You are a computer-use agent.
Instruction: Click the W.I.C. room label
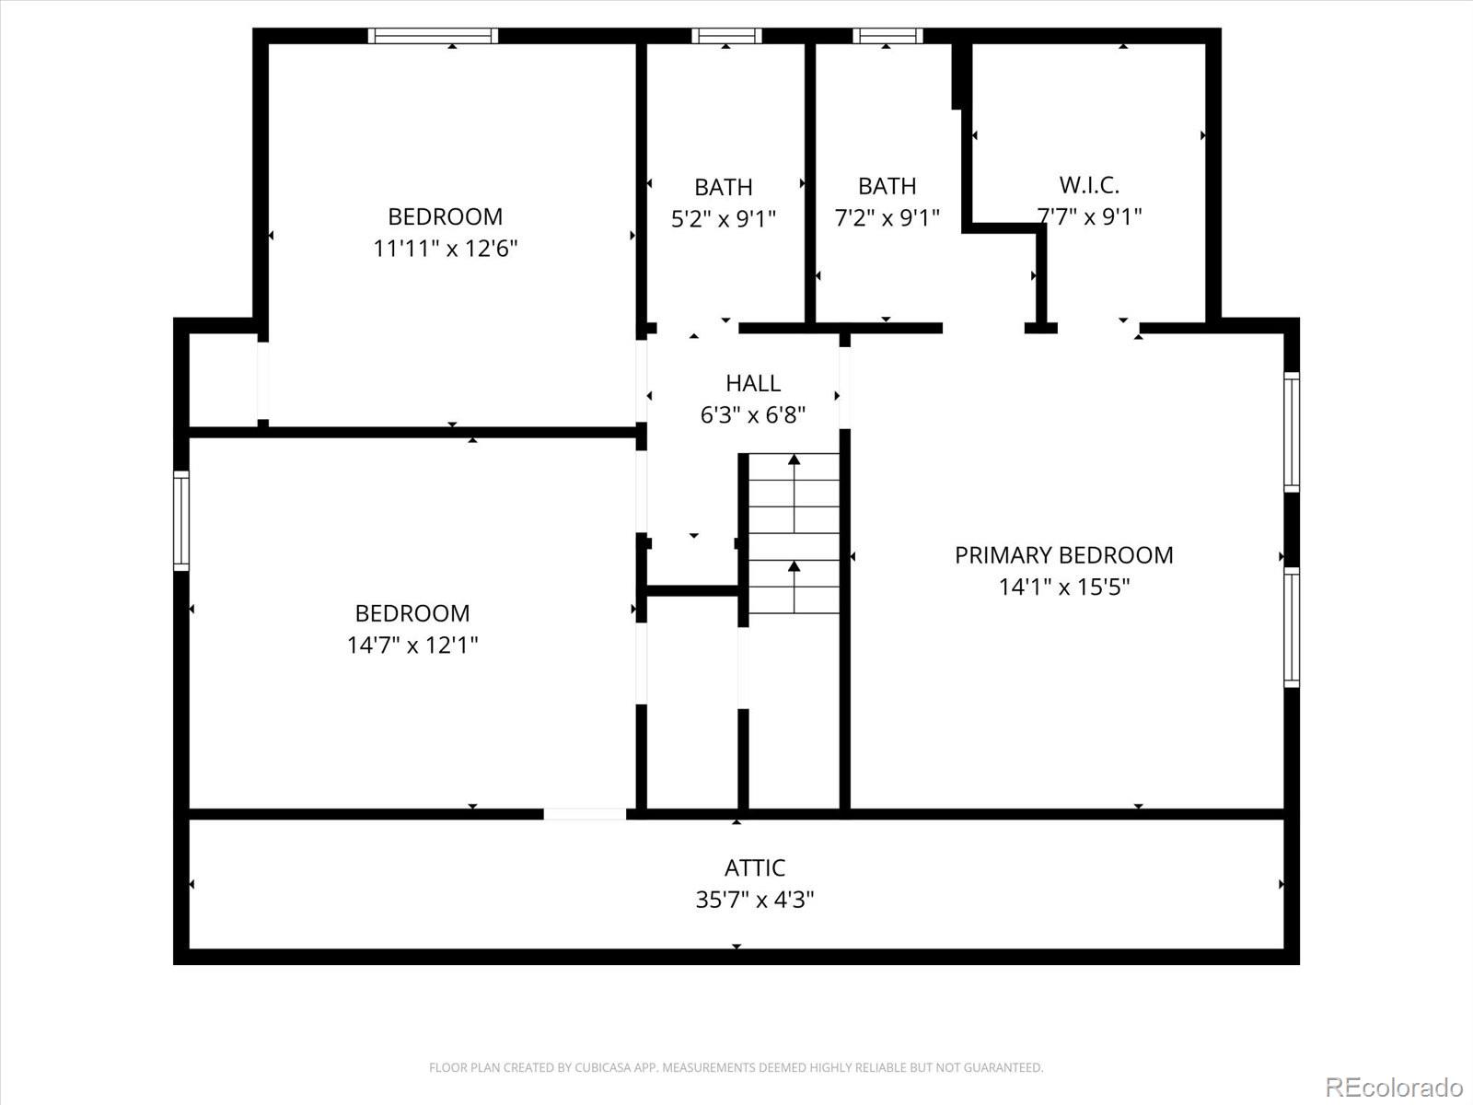(1089, 185)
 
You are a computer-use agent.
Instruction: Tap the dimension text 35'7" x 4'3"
(754, 900)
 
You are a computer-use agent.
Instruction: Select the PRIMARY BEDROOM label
(1063, 555)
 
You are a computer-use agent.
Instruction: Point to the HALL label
(752, 383)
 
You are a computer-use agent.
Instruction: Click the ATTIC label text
(754, 867)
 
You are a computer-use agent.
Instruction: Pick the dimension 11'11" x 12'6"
(445, 249)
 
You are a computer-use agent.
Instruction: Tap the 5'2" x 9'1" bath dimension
(723, 219)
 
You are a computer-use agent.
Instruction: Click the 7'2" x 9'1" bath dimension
(887, 218)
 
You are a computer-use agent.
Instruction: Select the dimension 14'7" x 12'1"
(412, 645)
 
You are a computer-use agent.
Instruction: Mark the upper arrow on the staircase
(794, 460)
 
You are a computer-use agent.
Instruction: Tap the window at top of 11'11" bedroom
(433, 36)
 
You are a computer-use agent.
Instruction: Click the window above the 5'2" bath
(726, 36)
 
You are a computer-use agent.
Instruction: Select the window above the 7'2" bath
(887, 36)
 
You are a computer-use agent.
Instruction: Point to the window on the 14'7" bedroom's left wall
(181, 521)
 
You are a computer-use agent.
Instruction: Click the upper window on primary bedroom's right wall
(1292, 432)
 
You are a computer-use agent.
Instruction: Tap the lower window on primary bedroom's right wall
(1292, 628)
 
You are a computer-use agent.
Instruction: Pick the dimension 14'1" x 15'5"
(1063, 587)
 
